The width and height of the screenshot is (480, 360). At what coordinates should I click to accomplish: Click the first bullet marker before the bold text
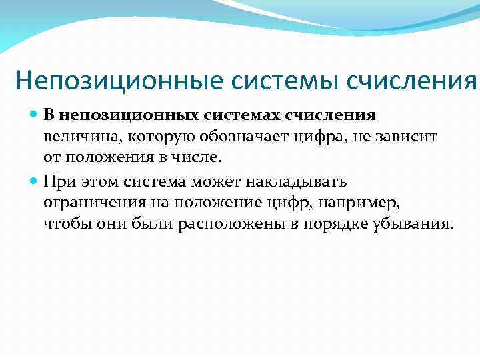[35, 115]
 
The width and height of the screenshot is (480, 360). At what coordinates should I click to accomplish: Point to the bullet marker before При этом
[35, 180]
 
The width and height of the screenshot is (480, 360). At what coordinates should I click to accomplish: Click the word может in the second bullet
[225, 180]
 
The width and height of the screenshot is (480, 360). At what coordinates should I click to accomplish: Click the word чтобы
[63, 223]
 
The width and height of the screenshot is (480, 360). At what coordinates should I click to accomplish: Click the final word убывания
[418, 223]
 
